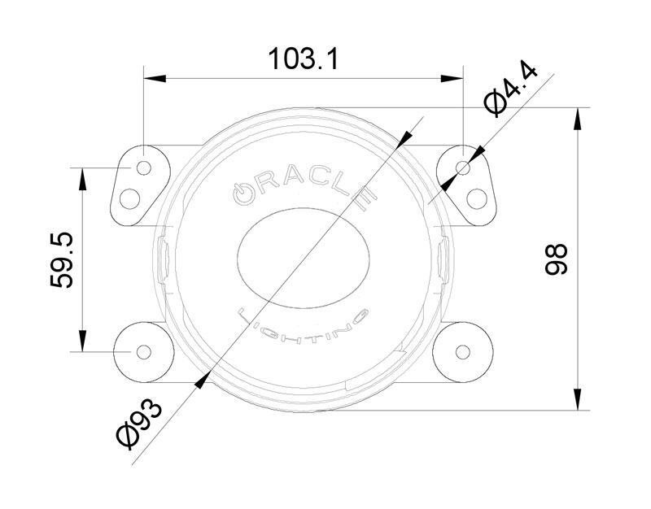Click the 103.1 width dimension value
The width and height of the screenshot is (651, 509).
[303, 59]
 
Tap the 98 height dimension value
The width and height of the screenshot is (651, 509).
[555, 259]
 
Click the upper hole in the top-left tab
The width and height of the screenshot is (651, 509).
[144, 167]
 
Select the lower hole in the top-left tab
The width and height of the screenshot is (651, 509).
[129, 197]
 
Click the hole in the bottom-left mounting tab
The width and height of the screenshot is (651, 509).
[143, 351]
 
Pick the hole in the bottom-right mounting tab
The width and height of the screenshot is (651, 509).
[464, 351]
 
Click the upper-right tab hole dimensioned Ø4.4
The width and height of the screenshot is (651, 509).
[464, 167]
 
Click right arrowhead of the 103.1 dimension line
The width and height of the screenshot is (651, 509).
[458, 79]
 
